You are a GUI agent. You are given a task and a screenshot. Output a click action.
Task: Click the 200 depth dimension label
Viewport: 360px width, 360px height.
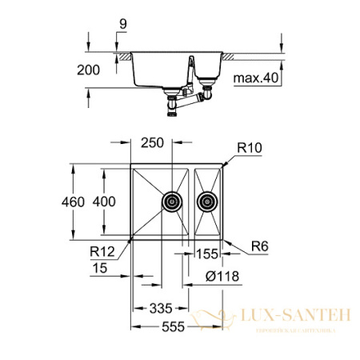pos(90,70)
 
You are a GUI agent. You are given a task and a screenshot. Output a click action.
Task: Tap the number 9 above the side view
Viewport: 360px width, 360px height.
pos(122,25)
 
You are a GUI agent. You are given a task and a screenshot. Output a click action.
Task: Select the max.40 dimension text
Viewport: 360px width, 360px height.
pos(254,78)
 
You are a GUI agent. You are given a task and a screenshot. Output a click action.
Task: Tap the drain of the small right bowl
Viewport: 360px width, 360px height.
pos(208,202)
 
